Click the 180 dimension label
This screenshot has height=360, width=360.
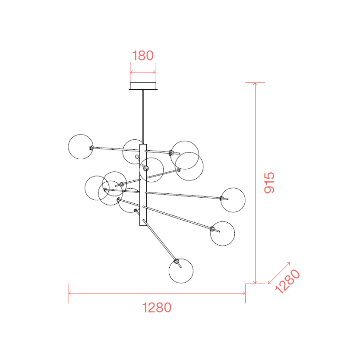(143, 56)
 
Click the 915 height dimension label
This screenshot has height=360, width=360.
(269, 183)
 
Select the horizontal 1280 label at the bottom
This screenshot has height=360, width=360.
(157, 307)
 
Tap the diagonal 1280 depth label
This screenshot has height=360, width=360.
(287, 281)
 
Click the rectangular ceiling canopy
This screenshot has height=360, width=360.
(143, 86)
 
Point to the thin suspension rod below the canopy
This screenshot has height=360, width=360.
(143, 117)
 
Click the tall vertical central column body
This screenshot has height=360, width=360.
(143, 185)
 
